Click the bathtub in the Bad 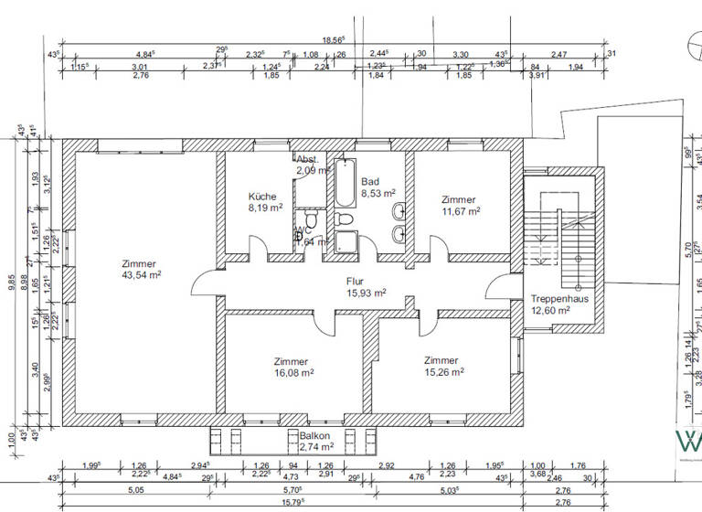pyautogui.click(x=345, y=184)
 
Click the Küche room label pyautogui.click(x=263, y=197)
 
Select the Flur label pyautogui.click(x=356, y=282)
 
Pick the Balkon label pyautogui.click(x=314, y=435)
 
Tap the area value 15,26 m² pyautogui.click(x=444, y=372)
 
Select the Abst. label pyautogui.click(x=306, y=159)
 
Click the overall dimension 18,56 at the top pyautogui.click(x=333, y=39)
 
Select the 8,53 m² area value pyautogui.click(x=378, y=193)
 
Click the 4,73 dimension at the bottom pyautogui.click(x=292, y=476)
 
